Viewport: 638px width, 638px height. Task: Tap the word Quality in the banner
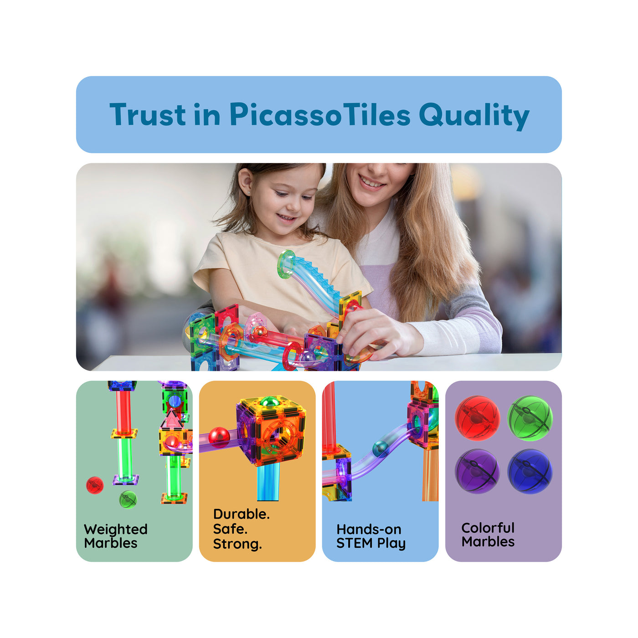473,115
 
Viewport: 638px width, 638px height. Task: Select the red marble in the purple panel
477,418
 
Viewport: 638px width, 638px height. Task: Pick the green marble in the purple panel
530,418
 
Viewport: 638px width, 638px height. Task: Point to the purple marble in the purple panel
477,471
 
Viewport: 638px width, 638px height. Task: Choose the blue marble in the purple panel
530,471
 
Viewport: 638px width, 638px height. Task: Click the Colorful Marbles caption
488,535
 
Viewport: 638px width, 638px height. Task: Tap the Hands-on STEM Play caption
370,536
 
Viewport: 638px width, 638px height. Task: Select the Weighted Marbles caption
116,536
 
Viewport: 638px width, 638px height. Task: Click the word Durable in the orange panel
241,514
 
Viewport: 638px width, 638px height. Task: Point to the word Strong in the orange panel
237,544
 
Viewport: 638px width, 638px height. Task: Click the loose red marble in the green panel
95,485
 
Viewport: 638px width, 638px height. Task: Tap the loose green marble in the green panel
128,499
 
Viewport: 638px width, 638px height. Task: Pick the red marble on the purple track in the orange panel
219,437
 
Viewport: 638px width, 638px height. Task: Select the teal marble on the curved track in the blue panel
381,449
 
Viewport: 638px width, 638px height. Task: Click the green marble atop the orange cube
269,402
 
